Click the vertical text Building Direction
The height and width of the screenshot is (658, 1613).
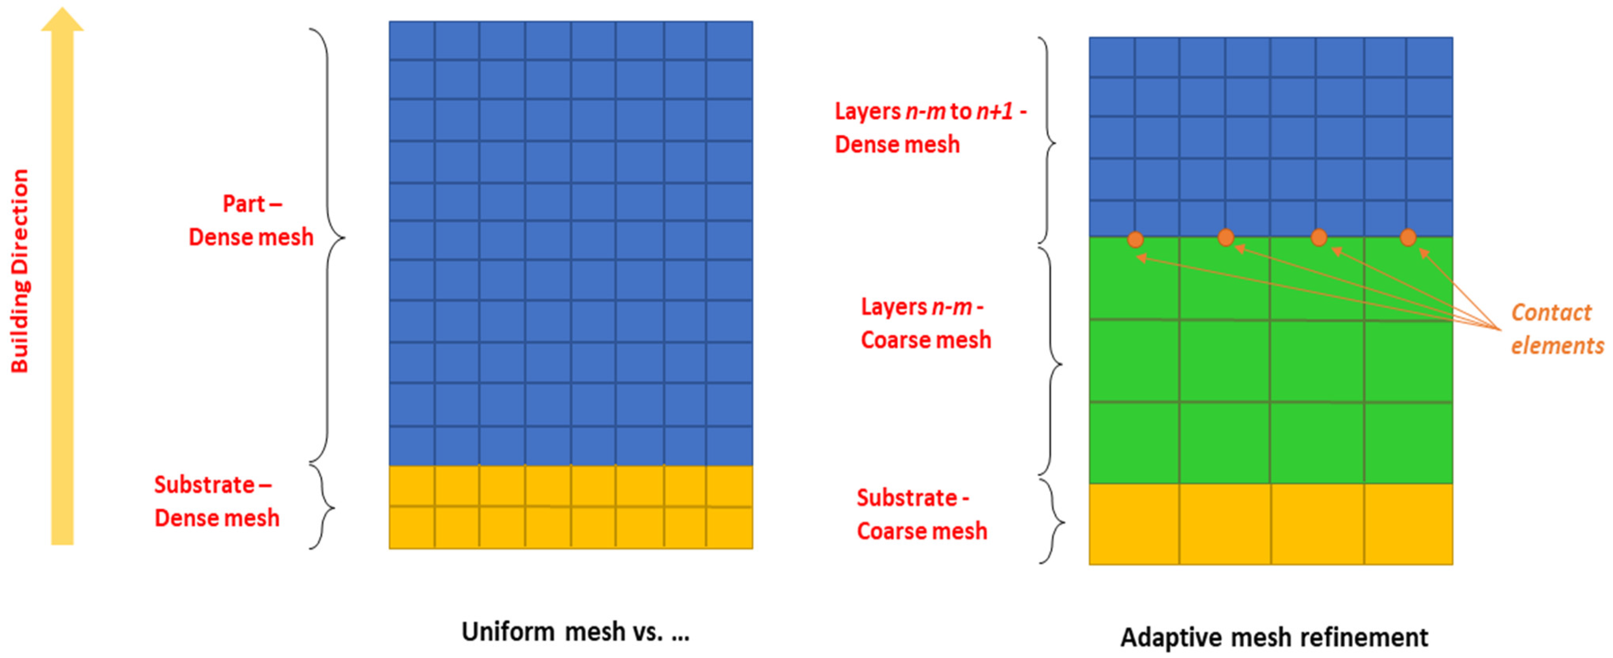[21, 271]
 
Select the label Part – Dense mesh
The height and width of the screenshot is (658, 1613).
[251, 220]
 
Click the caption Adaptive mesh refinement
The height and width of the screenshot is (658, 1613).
[1274, 637]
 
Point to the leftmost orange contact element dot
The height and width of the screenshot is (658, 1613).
[1135, 239]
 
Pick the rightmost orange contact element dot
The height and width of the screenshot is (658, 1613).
[1408, 237]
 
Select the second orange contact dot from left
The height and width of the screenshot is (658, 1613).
[1226, 237]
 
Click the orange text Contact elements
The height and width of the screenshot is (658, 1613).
[1556, 329]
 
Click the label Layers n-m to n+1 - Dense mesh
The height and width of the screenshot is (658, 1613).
[930, 128]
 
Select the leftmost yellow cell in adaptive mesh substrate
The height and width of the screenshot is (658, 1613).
[1134, 524]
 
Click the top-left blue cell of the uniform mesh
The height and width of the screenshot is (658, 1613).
[412, 40]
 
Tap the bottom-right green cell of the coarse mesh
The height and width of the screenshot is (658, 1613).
[1408, 443]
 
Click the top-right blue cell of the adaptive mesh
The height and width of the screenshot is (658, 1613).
[1429, 56]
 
